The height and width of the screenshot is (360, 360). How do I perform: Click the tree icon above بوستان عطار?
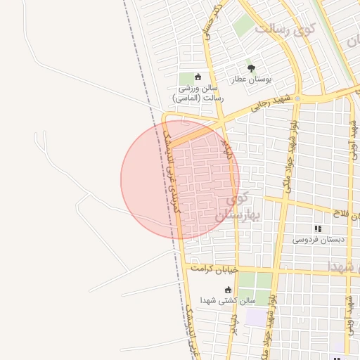click(251, 68)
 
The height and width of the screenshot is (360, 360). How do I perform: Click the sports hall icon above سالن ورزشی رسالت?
click(198, 77)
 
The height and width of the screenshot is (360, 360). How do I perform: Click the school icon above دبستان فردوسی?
click(318, 229)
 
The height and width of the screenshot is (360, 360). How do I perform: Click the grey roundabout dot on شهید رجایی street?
click(297, 98)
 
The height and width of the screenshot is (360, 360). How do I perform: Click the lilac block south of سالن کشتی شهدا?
click(256, 317)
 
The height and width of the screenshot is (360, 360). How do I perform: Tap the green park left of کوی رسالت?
click(243, 26)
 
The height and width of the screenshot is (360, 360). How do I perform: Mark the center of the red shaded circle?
click(180, 179)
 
